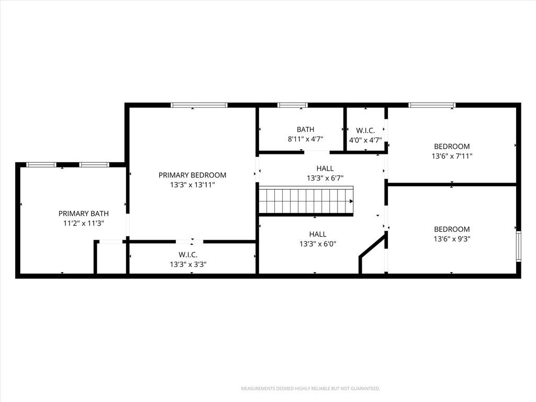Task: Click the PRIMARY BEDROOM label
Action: tap(192, 175)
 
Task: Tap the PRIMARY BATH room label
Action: tap(83, 214)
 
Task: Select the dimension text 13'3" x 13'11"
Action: tap(193, 185)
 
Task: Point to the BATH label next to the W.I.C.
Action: tap(305, 130)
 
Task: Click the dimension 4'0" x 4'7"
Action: tap(365, 140)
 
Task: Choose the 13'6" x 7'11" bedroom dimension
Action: tap(452, 156)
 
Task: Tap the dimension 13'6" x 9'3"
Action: tap(452, 239)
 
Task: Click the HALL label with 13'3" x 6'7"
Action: tap(325, 168)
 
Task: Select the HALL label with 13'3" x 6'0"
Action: tap(318, 234)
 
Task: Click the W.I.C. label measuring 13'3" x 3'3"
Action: tap(188, 255)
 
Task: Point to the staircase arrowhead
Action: tap(351, 202)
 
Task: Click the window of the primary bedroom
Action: tap(199, 105)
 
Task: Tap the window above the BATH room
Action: tap(292, 105)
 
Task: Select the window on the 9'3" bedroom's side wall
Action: tap(519, 246)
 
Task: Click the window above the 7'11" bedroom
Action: tap(432, 105)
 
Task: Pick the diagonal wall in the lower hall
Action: tap(372, 245)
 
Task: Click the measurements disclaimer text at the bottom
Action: tap(310, 389)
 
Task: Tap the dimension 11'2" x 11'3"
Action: tap(84, 224)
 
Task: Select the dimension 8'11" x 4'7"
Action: tap(305, 139)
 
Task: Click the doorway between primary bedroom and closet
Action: tap(189, 242)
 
